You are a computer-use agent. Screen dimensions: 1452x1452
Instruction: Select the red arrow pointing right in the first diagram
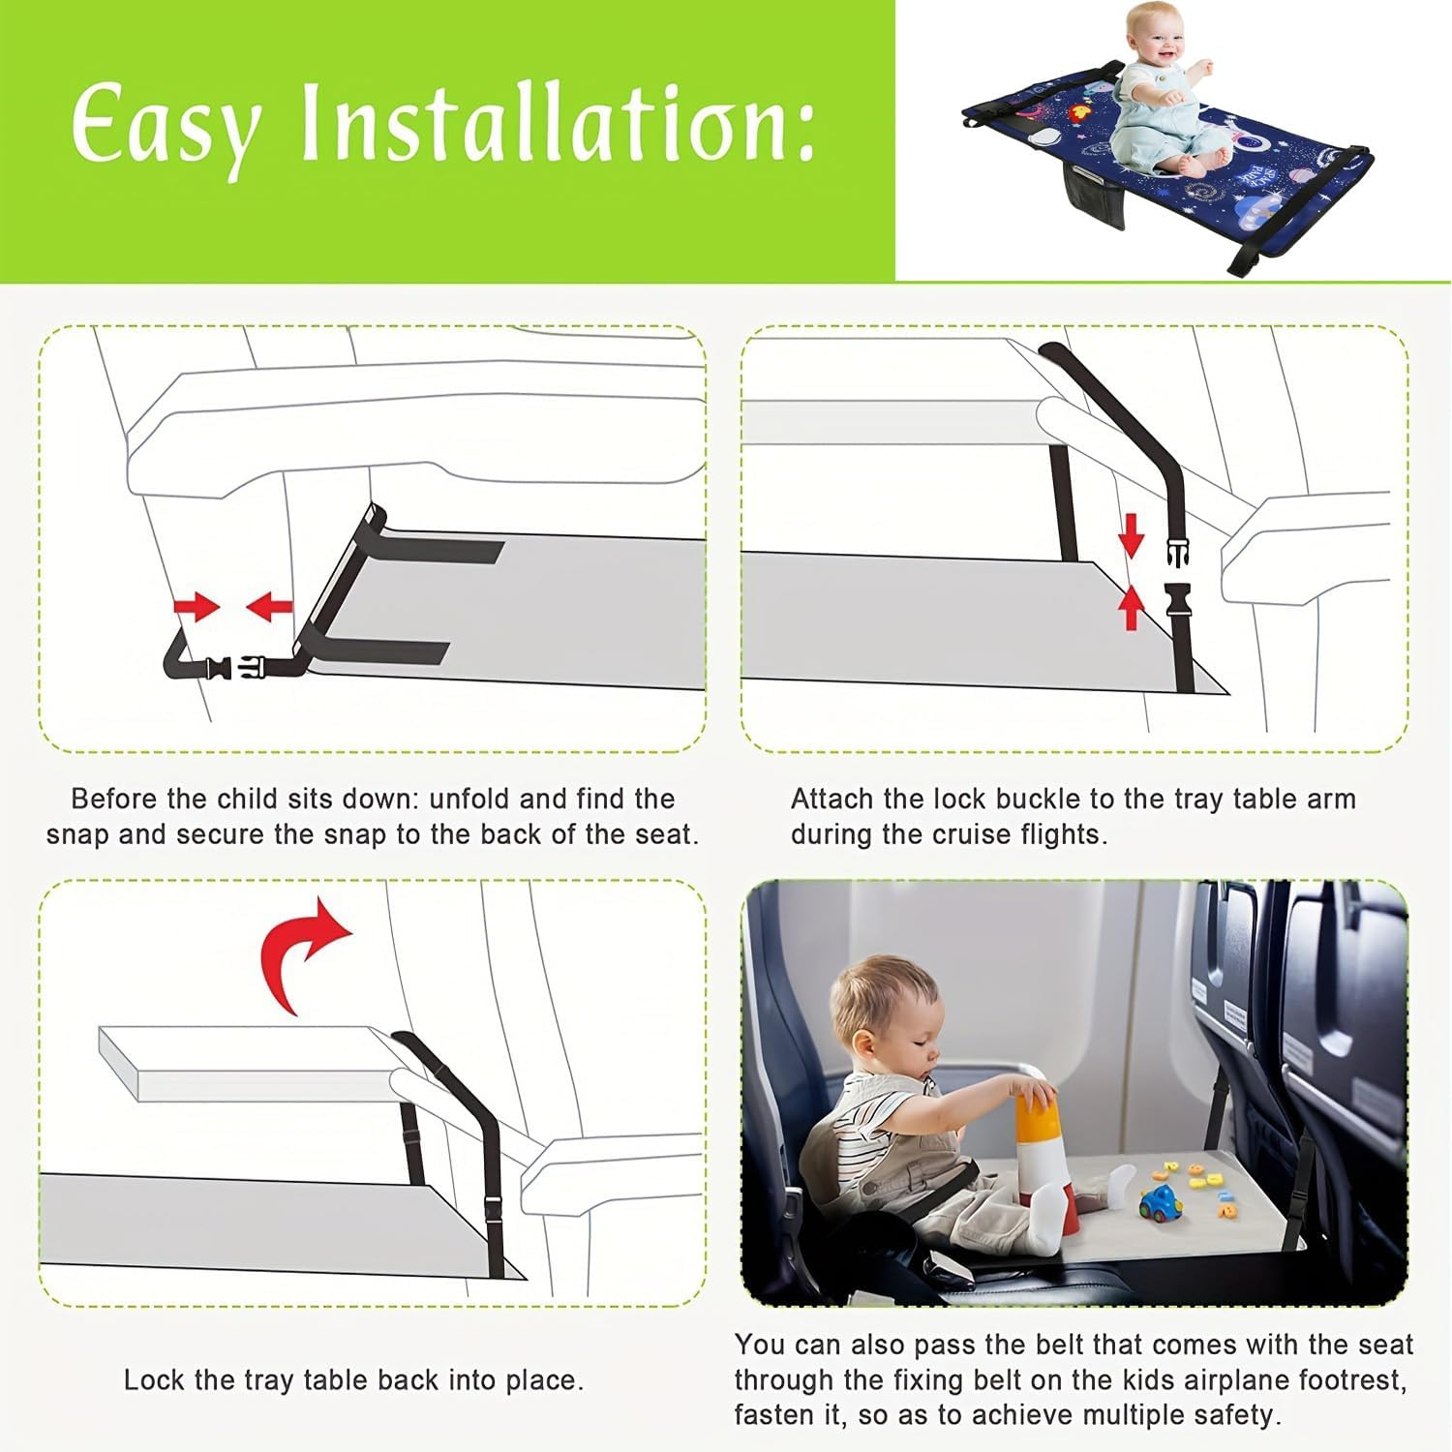click(197, 608)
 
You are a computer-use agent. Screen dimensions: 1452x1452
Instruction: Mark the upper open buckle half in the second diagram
click(1178, 553)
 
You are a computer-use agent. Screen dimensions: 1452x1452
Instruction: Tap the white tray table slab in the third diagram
click(242, 1061)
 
